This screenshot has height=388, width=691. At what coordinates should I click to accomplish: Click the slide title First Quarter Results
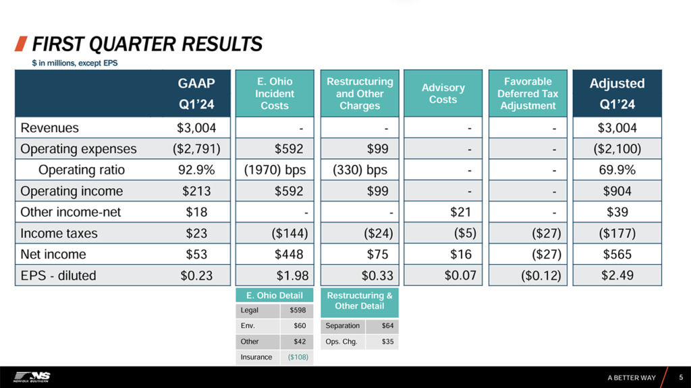pos(147,44)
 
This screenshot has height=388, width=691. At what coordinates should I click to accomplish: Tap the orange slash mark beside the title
pos(21,44)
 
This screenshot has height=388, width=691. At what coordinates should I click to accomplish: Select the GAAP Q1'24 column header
pos(196,93)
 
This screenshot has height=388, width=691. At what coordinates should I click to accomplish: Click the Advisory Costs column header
pos(443,93)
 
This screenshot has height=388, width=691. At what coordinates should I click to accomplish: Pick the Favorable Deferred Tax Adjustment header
pos(528,93)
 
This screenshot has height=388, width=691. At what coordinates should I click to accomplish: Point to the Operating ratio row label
pos(82,170)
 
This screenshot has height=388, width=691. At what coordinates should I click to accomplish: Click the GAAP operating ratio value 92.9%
pos(196,170)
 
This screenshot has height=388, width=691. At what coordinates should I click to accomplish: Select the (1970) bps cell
pos(275,170)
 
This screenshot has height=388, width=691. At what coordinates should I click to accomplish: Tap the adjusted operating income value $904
pos(617,191)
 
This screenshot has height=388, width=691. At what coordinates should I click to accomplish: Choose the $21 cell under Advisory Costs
pos(460,212)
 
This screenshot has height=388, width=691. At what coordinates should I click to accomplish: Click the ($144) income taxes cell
pos(289,233)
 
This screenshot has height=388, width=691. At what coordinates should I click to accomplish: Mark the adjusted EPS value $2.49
pos(617,276)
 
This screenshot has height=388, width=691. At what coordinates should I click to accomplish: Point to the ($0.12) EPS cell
pos(541,276)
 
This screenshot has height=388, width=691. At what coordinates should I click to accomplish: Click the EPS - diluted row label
pos(58,276)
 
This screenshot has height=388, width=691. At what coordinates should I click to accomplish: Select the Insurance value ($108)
pos(298,357)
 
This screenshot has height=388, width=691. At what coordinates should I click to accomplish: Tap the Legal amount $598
pos(298,310)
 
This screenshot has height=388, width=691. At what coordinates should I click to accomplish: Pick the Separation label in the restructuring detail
pos(342,326)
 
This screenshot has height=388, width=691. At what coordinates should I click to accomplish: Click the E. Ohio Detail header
pos(275,295)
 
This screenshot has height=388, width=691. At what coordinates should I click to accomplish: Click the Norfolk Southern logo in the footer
pos(32,377)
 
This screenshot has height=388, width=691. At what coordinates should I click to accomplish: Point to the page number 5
pos(681,377)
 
